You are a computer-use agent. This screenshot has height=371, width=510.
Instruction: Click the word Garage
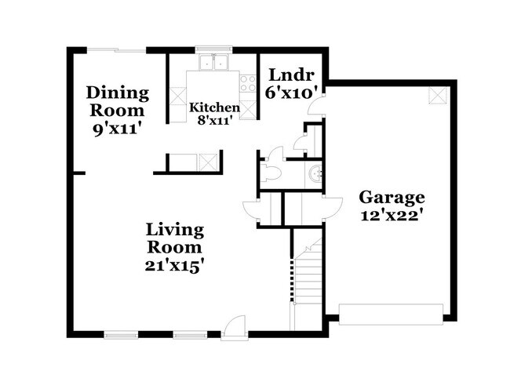click(392, 197)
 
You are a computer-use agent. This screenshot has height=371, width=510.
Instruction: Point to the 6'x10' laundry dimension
click(292, 93)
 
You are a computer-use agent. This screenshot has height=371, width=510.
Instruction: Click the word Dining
click(118, 93)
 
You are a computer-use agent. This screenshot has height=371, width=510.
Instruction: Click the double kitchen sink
click(212, 63)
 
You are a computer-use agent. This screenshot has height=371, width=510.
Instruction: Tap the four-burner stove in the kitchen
click(248, 82)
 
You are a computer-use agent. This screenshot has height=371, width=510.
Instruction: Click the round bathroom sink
click(315, 174)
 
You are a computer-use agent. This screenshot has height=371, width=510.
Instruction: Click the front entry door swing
click(232, 326)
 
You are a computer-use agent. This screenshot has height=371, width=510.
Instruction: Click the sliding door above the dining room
click(116, 50)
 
